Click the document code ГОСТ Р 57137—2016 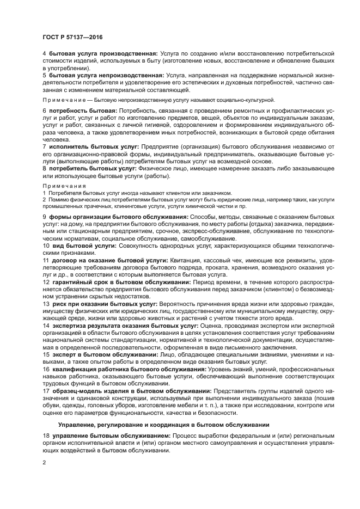click(x=72, y=36)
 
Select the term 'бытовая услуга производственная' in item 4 click(x=103, y=54)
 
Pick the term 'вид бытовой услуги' click(x=79, y=246)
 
